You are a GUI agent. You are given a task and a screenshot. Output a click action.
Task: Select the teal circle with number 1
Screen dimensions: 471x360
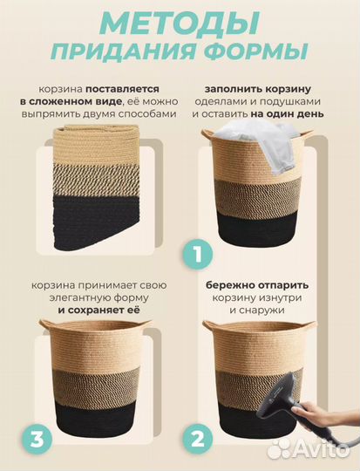click(x=196, y=256)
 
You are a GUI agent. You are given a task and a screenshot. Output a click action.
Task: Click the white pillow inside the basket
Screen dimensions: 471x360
click(x=253, y=143)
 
